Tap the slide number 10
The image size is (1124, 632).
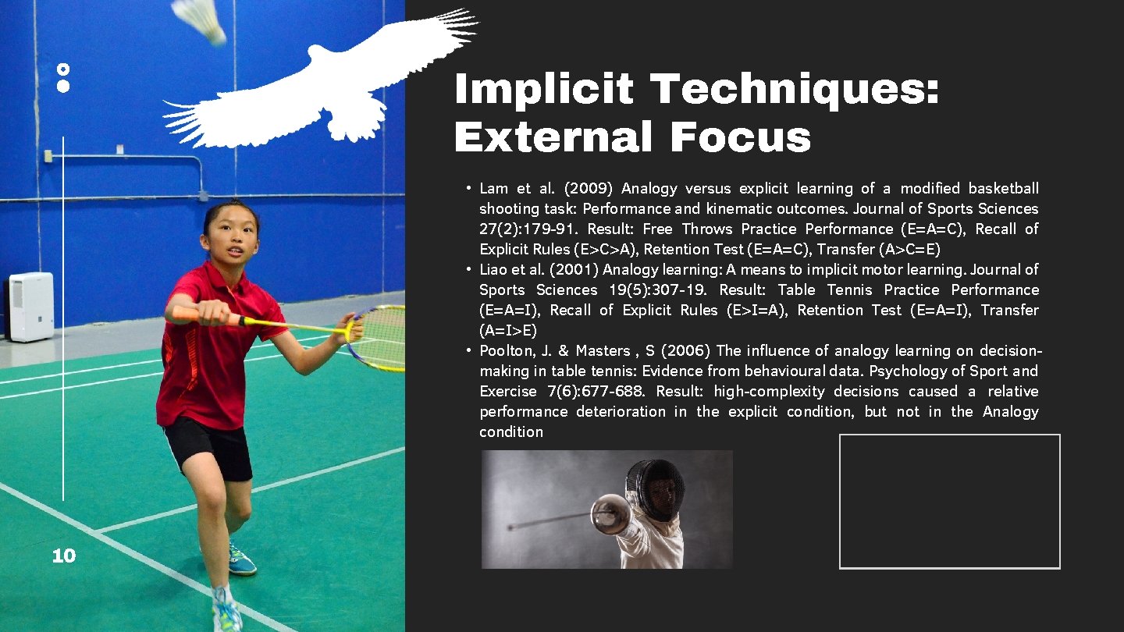pos(63,556)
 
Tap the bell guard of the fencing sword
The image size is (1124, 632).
pos(606,513)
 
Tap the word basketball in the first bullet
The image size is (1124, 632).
pos(1003,189)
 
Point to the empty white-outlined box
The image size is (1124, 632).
pos(949,501)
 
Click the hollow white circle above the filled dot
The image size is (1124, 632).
pos(63,69)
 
